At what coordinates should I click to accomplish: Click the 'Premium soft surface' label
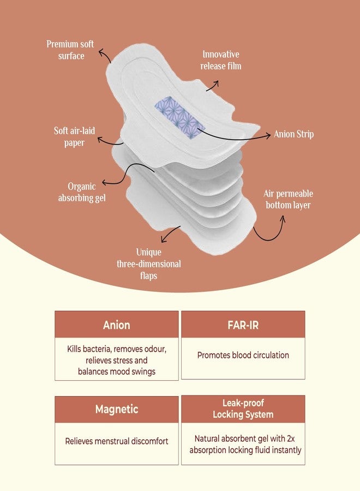tap(70, 50)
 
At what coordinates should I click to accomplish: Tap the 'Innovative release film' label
tap(221, 60)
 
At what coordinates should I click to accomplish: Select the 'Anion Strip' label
tap(293, 134)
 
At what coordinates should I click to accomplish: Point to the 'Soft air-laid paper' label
tap(74, 136)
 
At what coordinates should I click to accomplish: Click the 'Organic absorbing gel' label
tap(82, 192)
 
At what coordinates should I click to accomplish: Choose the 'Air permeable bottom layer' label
tap(288, 199)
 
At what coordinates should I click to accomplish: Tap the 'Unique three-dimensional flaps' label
tap(149, 264)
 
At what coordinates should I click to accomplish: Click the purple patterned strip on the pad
tap(179, 117)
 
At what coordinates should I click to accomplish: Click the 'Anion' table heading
tap(116, 325)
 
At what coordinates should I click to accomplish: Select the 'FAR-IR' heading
tap(243, 325)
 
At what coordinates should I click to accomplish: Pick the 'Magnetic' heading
tap(116, 409)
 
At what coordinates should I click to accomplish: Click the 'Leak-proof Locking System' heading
tap(243, 409)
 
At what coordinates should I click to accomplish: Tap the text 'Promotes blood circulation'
tap(243, 355)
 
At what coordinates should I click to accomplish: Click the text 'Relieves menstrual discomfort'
tap(116, 441)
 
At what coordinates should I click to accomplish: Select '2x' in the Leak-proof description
tap(291, 439)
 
